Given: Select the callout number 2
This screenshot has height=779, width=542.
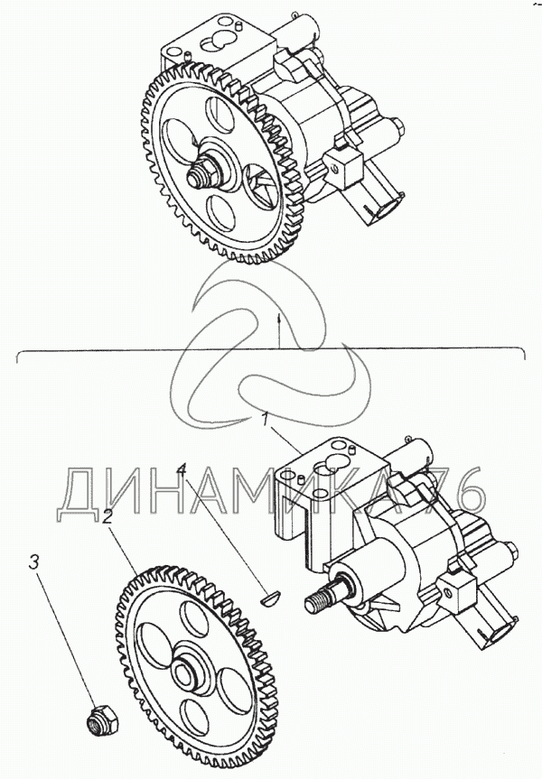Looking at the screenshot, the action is coord(107,517).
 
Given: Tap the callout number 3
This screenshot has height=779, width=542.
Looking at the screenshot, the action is coord(33,562).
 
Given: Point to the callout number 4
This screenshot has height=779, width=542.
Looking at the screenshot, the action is coord(182,469).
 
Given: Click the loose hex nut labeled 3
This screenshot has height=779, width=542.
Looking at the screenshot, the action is coord(102,719).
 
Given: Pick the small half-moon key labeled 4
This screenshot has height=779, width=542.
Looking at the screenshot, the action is coord(271,597).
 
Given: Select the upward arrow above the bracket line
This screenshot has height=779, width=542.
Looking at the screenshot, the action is coord(279,329).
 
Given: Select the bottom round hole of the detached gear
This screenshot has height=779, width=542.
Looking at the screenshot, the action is coord(194,717).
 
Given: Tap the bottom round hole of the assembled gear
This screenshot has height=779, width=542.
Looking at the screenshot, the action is coord(220,212).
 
